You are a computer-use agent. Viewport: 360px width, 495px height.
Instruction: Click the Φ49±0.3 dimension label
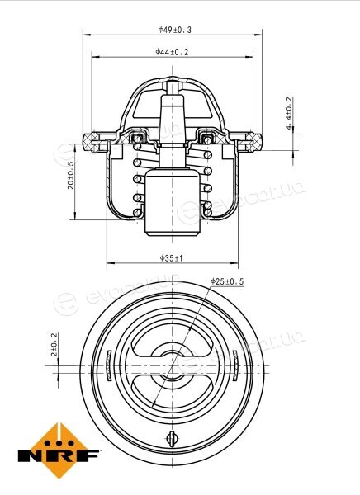coord(175,30)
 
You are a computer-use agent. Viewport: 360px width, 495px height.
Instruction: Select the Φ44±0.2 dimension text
coord(172,52)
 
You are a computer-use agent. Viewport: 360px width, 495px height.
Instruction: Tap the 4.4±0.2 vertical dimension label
coord(289,113)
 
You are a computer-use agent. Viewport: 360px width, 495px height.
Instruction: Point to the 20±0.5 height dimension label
coord(70,175)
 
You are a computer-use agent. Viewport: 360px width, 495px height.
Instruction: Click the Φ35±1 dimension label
coord(171,258)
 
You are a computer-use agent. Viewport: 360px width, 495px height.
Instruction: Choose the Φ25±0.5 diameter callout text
coord(227,281)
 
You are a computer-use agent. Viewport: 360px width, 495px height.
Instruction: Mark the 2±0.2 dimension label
coord(54,344)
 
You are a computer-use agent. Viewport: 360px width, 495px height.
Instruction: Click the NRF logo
coord(59,450)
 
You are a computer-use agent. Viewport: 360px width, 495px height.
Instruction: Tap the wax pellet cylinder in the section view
coord(173,202)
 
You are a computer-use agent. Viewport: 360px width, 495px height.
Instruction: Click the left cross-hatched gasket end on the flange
coord(90,143)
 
